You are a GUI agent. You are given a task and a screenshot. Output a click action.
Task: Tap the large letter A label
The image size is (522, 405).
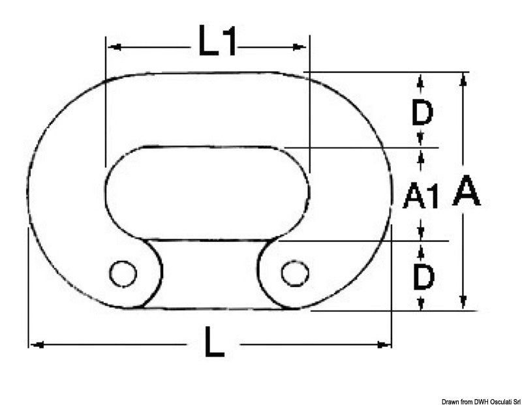tap(467, 192)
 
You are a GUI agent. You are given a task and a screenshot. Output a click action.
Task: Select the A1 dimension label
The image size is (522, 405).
tap(421, 196)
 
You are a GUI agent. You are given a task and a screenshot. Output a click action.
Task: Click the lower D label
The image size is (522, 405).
tap(423, 277)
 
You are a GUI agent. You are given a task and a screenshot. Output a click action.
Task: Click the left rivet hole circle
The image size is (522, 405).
tap(123, 273)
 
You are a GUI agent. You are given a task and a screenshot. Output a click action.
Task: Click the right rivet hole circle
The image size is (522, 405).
tap(295, 273)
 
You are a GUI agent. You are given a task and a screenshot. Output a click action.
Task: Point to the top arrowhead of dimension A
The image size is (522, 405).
tap(463, 79)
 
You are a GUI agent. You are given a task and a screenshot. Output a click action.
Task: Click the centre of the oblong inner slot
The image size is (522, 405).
tap(207, 193)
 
